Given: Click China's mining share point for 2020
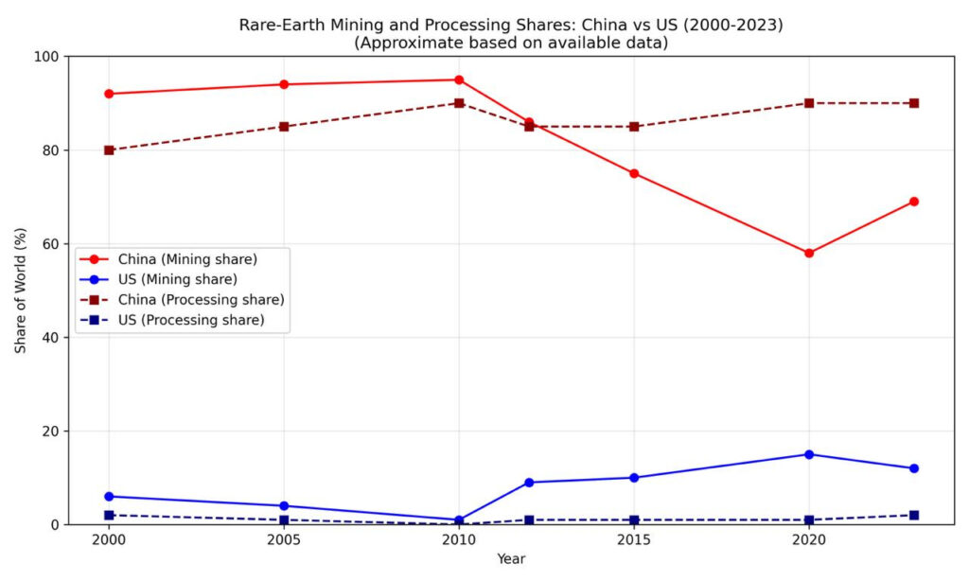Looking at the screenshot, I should point(809,253).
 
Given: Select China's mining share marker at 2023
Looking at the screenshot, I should point(914,202).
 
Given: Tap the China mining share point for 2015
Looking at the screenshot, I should point(634,173).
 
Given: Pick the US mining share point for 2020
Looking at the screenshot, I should point(809,454).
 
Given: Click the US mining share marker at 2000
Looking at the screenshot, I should point(109,496).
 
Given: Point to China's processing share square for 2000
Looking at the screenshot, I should point(109,150).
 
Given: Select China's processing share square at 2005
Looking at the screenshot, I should point(284,126).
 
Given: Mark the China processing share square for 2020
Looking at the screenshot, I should point(809,103).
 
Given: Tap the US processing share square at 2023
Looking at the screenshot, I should point(914,515).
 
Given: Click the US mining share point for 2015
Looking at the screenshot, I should point(634,478).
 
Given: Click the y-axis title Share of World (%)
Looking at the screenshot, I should point(21,290).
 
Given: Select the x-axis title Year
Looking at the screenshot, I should point(511,559).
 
